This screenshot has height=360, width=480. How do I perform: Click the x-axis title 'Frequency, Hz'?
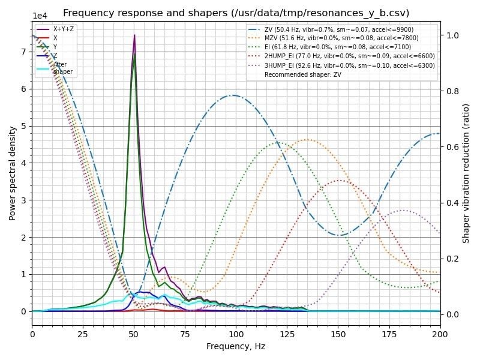(x=236, y=346)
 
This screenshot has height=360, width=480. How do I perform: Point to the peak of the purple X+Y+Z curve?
(x=134, y=35)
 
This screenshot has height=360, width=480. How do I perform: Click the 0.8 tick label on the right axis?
(x=451, y=91)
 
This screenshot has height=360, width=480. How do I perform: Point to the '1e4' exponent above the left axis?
(x=40, y=16)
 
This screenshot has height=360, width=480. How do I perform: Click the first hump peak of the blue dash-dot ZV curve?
(x=234, y=95)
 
